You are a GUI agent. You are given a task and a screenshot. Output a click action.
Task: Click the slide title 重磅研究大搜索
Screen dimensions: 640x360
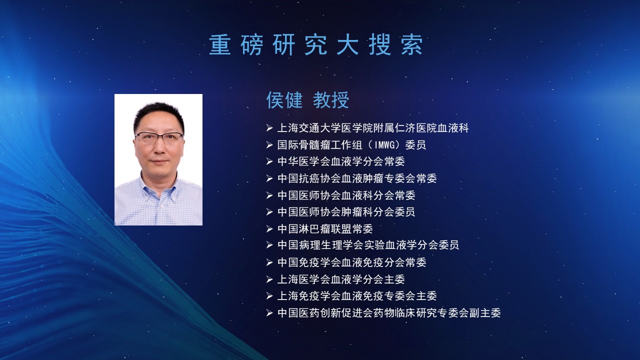[316, 45]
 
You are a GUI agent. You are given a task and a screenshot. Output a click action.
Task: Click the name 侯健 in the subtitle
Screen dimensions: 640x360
[284, 100]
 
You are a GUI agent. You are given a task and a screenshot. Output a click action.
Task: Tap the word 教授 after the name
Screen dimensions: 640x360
[331, 100]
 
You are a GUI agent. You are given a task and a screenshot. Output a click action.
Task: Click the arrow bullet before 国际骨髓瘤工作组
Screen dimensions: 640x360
[269, 145]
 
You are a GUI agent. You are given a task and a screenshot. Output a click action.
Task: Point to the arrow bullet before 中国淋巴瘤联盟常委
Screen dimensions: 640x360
[269, 229]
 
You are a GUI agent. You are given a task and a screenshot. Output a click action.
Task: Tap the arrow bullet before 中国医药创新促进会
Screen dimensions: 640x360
[269, 313]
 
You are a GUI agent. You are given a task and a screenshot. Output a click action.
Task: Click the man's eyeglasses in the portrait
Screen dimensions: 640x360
[159, 137]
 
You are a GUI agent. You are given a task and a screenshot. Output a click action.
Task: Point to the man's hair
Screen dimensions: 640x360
[159, 114]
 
